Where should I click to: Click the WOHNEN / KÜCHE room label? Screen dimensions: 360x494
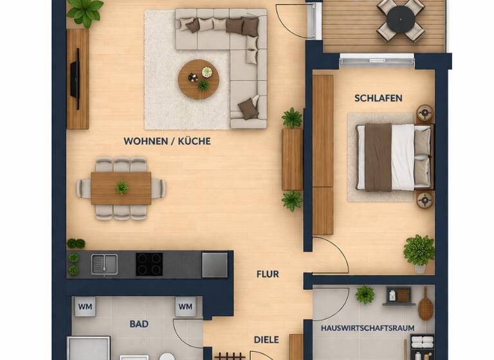pyautogui.click(x=167, y=141)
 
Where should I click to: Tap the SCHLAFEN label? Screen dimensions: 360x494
pyautogui.click(x=378, y=98)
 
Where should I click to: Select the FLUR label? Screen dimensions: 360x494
pyautogui.click(x=268, y=274)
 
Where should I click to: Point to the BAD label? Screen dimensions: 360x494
pyautogui.click(x=140, y=324)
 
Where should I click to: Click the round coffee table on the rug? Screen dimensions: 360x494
pyautogui.click(x=199, y=79)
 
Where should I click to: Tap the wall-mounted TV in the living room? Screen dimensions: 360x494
pyautogui.click(x=75, y=78)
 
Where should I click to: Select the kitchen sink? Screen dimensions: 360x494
pyautogui.click(x=104, y=264)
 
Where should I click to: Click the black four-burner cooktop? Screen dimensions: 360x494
pyautogui.click(x=149, y=264)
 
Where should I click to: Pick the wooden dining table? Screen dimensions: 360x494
pyautogui.click(x=121, y=188)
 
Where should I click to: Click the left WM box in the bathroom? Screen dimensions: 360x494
pyautogui.click(x=85, y=307)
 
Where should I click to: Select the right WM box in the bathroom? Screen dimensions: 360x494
pyautogui.click(x=185, y=307)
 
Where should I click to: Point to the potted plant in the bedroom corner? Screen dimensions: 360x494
pyautogui.click(x=419, y=251)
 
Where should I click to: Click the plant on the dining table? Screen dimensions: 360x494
pyautogui.click(x=121, y=188)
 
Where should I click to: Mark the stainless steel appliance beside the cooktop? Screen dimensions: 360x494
pyautogui.click(x=214, y=264)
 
